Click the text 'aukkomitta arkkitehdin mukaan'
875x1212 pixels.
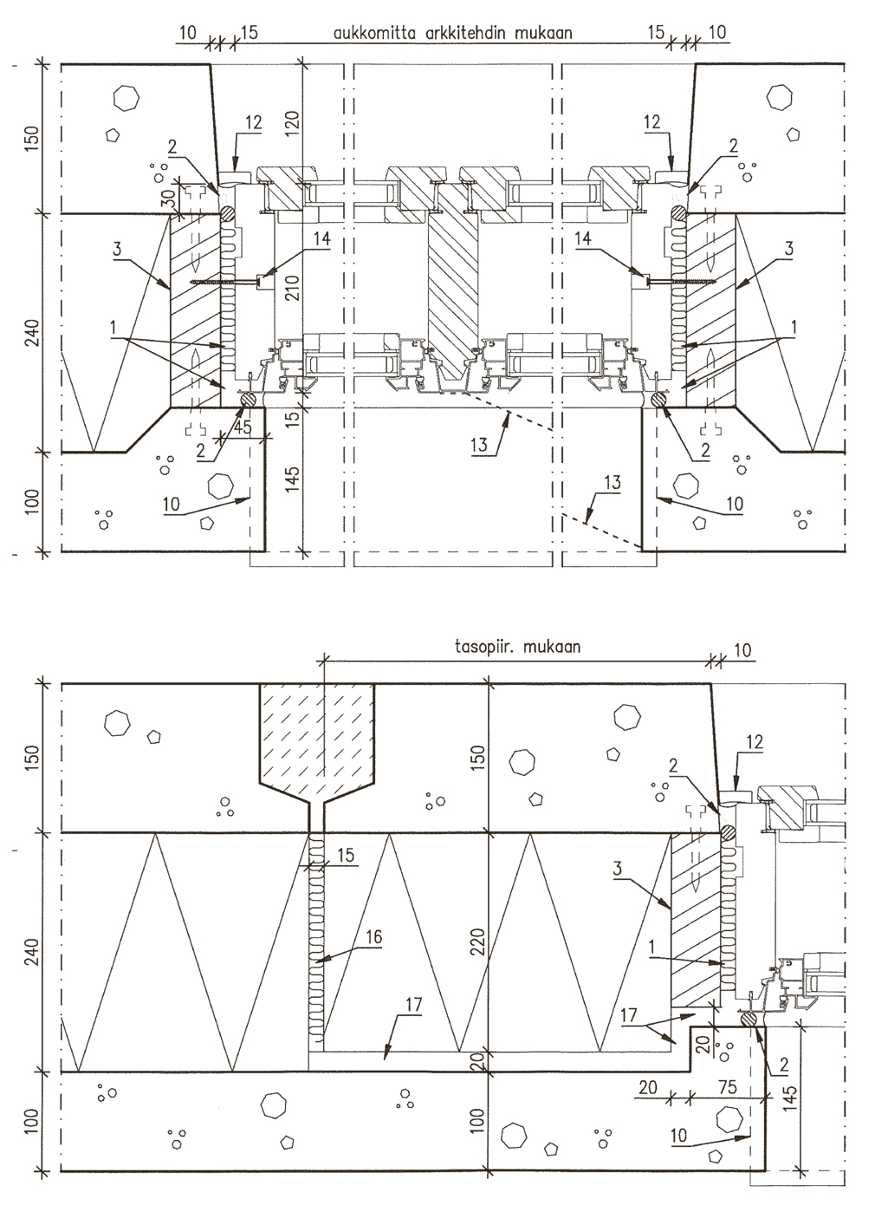(452, 34)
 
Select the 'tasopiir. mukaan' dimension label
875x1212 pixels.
(517, 647)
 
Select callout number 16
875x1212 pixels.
(373, 936)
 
